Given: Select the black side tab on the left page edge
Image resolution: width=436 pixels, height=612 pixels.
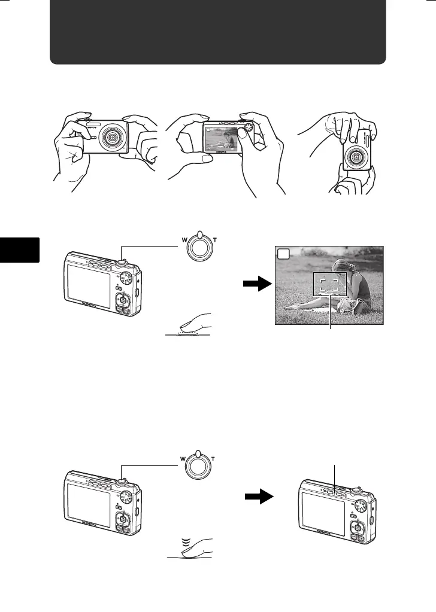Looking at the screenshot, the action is tap(20, 249).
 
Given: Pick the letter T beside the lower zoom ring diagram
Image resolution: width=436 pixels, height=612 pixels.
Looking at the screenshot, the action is tap(213, 461).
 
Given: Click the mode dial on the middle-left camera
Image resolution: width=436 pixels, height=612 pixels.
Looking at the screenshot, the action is tap(127, 277).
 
